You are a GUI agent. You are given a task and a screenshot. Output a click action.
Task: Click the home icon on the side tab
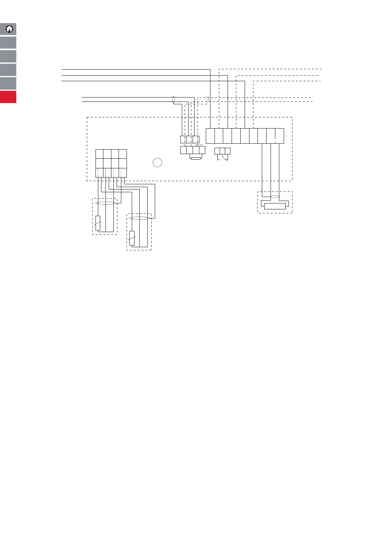(x=9, y=29)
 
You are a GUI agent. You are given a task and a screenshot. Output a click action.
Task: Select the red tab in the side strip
(x=8, y=97)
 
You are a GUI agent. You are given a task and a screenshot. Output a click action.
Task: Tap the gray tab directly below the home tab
(x=8, y=43)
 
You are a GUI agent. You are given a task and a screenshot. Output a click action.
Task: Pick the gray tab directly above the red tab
(x=8, y=83)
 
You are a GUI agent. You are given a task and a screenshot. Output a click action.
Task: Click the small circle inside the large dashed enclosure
(x=158, y=162)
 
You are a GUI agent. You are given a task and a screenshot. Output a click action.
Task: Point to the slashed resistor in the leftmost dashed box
(x=98, y=223)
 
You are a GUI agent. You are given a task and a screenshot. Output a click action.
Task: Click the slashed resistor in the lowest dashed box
(x=132, y=238)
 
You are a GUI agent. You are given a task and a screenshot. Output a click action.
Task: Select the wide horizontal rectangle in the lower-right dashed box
(x=275, y=206)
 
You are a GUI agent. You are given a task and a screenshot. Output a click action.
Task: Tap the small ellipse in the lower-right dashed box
(x=275, y=197)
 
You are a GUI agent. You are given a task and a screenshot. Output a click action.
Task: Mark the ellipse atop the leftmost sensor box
(x=105, y=203)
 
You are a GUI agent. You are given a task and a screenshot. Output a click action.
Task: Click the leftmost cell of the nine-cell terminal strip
(x=210, y=136)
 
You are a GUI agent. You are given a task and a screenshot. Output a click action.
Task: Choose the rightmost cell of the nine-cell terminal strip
(x=279, y=136)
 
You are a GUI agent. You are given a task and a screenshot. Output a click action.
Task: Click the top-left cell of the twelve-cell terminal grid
(x=99, y=154)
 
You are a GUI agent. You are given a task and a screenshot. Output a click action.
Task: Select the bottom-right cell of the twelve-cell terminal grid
(x=123, y=172)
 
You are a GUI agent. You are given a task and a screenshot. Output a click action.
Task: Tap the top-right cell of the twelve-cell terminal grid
(x=123, y=154)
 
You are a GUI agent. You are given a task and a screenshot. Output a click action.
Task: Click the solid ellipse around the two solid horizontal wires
(x=173, y=100)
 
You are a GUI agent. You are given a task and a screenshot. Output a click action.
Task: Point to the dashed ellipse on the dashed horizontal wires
(x=207, y=100)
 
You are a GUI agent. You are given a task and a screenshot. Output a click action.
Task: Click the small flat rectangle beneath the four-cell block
(x=196, y=158)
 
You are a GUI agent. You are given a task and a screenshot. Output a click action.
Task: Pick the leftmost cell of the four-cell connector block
(x=183, y=150)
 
